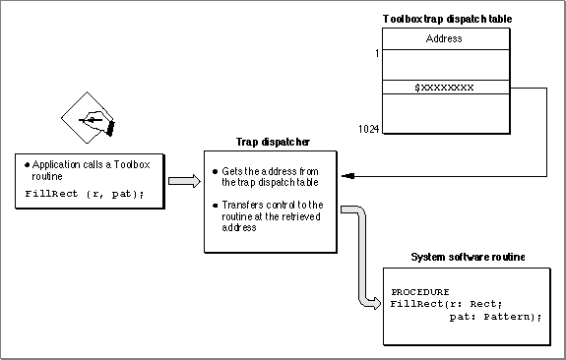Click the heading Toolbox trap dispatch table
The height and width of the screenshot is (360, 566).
click(x=447, y=19)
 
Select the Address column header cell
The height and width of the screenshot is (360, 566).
click(x=446, y=39)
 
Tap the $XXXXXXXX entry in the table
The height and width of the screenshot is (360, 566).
click(x=444, y=88)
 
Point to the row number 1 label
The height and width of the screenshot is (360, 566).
click(x=377, y=53)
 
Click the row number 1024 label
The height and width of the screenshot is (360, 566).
click(x=368, y=129)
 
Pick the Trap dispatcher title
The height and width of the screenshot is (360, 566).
click(x=273, y=142)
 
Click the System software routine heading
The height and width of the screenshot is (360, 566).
click(x=468, y=257)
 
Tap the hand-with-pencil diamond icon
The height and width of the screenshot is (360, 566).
click(x=88, y=118)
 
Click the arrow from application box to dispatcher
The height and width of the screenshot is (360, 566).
click(x=184, y=181)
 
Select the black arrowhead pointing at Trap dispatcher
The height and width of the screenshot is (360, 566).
click(x=348, y=176)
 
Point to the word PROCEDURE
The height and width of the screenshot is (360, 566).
click(x=420, y=292)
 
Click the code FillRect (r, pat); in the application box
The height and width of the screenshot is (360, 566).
click(x=85, y=194)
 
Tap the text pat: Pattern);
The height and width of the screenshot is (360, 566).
click(x=495, y=317)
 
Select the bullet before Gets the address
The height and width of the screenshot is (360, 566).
click(x=216, y=172)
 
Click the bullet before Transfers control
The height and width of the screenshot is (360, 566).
click(x=216, y=206)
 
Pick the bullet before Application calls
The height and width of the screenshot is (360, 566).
click(x=28, y=165)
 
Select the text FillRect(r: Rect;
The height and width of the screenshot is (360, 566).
click(x=446, y=304)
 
